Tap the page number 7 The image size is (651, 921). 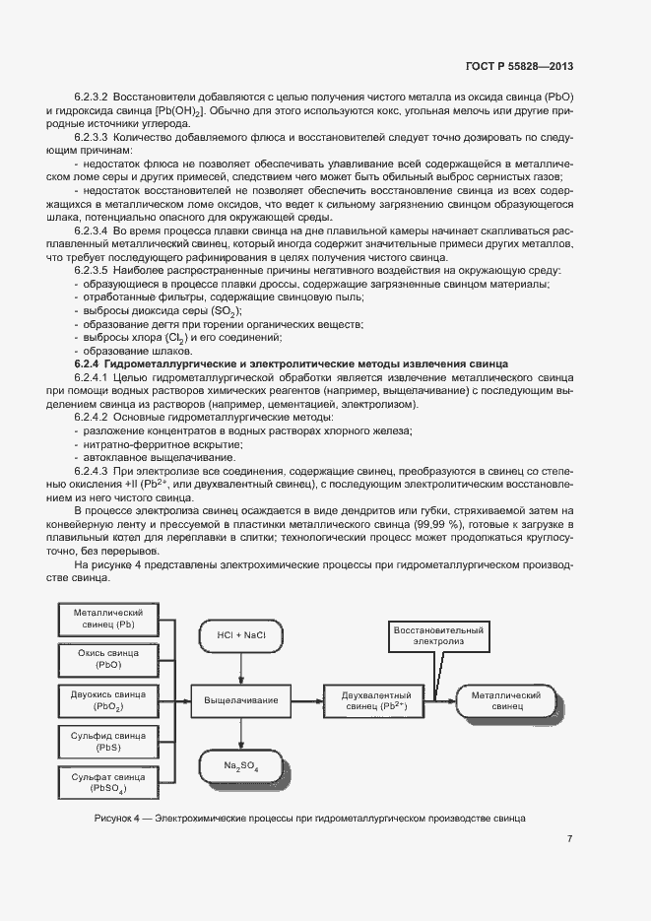[569, 838]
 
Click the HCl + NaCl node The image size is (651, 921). [240, 635]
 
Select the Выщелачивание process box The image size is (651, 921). [240, 700]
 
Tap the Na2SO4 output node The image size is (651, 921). [240, 765]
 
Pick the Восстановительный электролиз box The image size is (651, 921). [437, 635]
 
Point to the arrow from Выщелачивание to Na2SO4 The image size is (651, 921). [240, 734]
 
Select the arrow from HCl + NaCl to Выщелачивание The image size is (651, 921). [240, 668]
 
